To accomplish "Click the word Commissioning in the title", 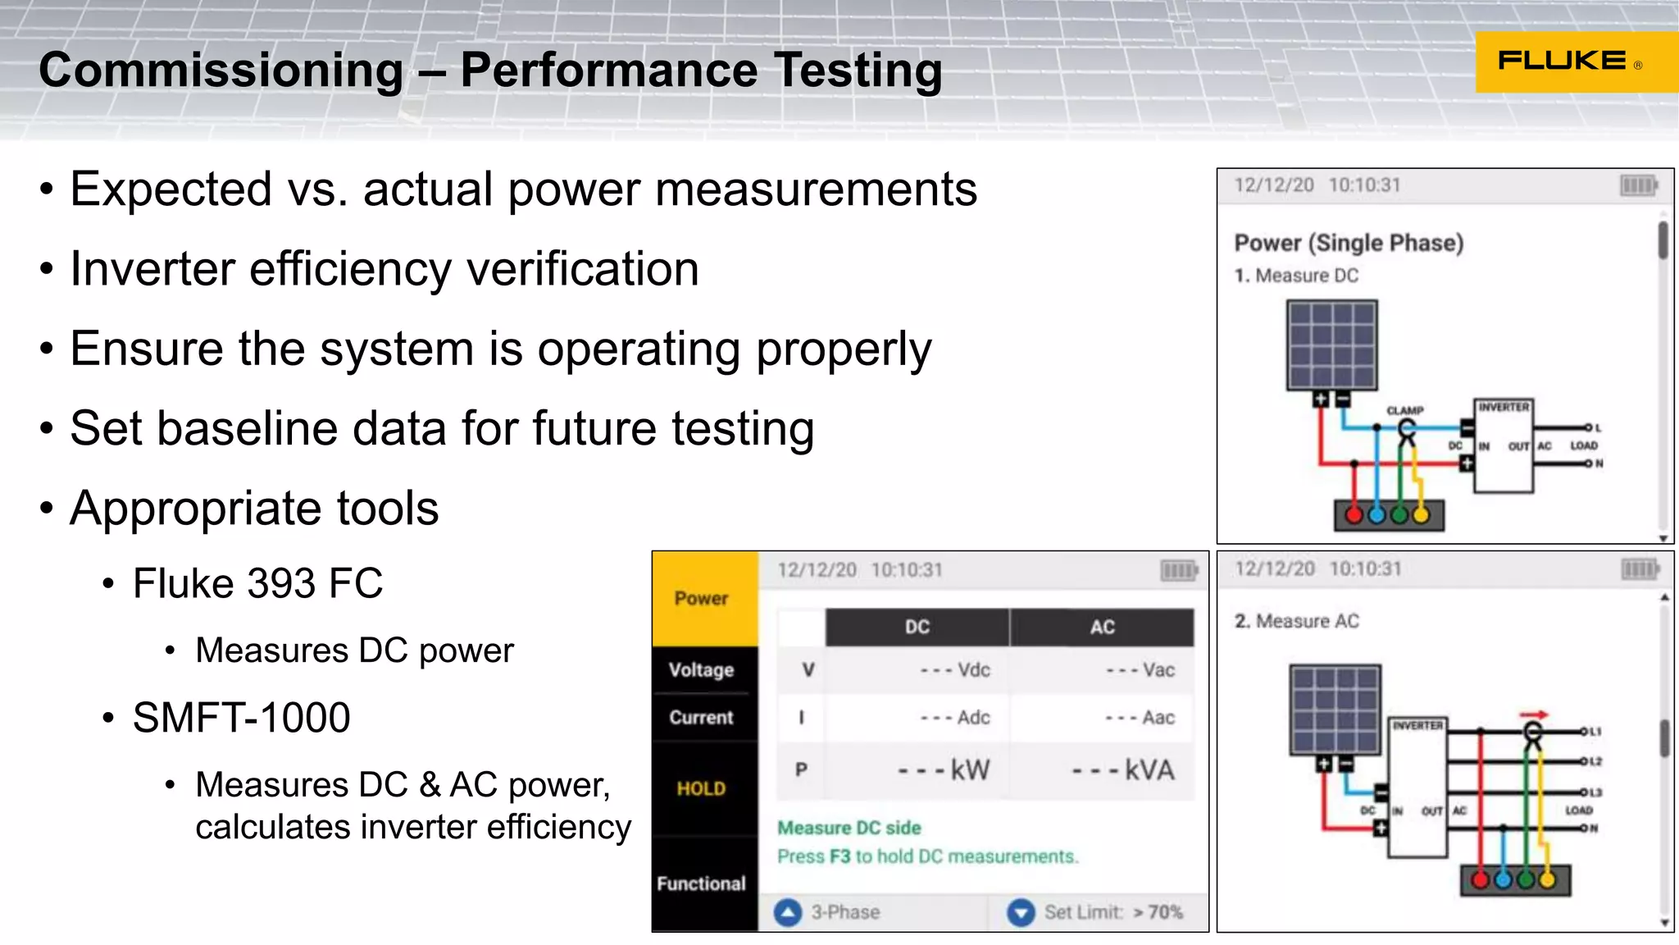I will coord(221,70).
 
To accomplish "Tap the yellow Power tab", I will coord(702,599).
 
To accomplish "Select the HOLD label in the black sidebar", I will coord(701,788).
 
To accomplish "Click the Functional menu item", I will coord(702,883).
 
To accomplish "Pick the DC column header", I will coord(917,628).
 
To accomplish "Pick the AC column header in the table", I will coord(1102,628).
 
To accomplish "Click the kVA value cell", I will coord(1123,770).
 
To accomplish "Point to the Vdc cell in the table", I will coord(955,670).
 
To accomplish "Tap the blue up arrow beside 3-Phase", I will coord(788,912).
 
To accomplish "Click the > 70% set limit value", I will coord(1158,912).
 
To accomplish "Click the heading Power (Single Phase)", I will coord(1349,243).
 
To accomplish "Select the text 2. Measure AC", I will coord(1296,621).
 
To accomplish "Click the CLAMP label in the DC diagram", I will coord(1405,410).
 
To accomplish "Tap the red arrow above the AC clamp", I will coord(1533,714).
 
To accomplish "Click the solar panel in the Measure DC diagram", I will coord(1331,345).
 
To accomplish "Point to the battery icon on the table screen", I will coord(1179,570).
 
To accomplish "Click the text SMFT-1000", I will coord(241,718).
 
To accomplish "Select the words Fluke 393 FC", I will coord(257,583).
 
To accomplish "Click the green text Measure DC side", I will coord(849,828).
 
